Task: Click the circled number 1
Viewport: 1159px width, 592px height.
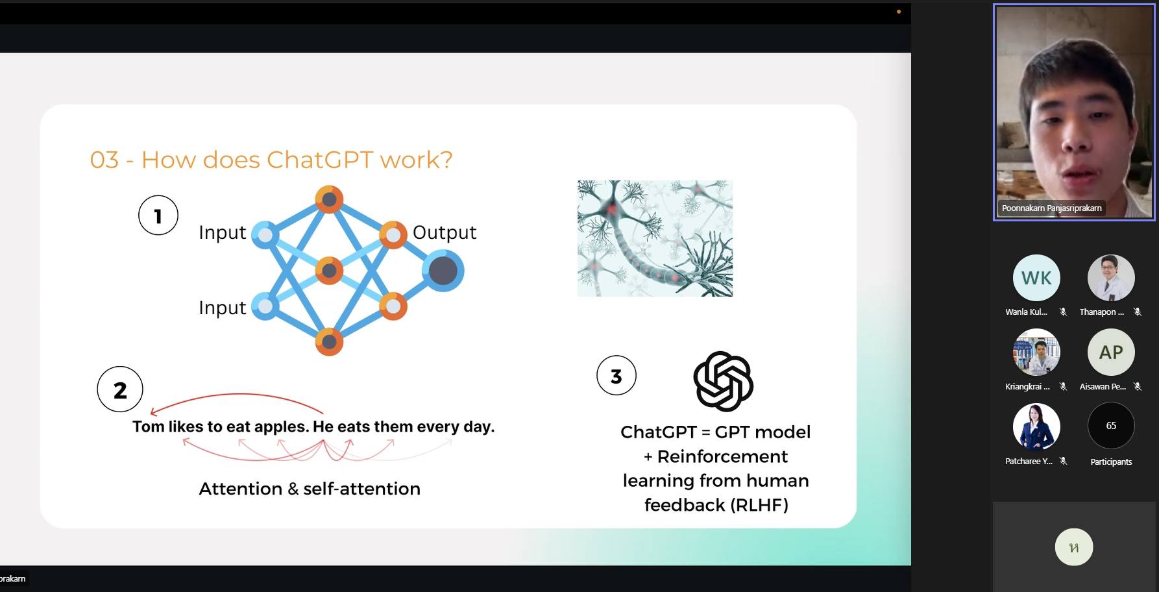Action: [x=158, y=216]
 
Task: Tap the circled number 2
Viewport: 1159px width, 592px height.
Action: [x=120, y=389]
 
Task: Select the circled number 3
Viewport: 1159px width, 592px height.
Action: [x=616, y=375]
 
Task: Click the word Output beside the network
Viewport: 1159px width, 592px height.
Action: [x=445, y=232]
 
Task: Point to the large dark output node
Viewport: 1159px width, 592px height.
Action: [x=443, y=271]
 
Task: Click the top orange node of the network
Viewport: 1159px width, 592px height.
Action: [x=329, y=199]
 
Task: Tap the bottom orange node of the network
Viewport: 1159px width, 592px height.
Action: [x=329, y=341]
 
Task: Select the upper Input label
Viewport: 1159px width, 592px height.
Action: [x=223, y=232]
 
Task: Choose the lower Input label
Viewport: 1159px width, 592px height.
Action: [x=223, y=308]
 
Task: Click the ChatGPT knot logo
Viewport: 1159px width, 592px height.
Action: [x=723, y=382]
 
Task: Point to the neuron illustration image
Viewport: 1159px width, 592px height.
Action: [x=655, y=238]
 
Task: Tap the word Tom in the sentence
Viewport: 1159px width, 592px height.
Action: [x=149, y=426]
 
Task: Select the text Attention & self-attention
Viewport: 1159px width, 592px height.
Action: [x=310, y=489]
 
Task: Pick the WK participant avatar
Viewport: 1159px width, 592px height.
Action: [x=1036, y=278]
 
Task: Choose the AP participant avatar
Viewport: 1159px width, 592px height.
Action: [x=1111, y=352]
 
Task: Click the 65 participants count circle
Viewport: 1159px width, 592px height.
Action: [x=1111, y=426]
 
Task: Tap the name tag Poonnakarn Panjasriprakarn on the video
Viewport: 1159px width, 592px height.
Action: [x=1051, y=208]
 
